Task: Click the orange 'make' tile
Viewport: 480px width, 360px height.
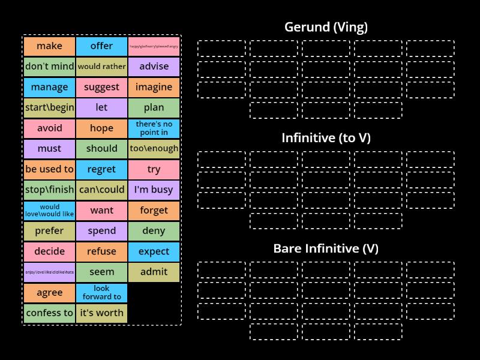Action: pos(49,46)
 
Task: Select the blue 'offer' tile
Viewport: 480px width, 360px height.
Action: pos(101,46)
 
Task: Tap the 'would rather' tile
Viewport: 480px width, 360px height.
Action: pos(101,67)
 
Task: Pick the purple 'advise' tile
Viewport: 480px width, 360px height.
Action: pos(154,67)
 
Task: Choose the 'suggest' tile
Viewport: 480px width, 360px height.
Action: pos(101,87)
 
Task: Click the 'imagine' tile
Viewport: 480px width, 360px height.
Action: pos(154,87)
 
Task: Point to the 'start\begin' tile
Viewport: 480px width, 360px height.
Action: pos(49,108)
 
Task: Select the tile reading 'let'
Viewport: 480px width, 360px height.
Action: pos(101,108)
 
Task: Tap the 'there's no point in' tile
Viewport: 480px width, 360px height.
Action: pos(154,128)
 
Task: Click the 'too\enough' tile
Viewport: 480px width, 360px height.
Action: pos(154,149)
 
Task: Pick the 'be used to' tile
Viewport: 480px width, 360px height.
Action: pos(49,169)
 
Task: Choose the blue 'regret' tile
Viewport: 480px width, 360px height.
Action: pos(101,169)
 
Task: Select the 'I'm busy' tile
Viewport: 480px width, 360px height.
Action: pos(154,190)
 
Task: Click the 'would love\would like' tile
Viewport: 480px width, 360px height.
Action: pos(49,210)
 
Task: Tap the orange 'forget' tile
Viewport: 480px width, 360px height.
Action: pos(154,210)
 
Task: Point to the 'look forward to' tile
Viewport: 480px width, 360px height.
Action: pos(101,292)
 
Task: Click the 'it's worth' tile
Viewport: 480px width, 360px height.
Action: pos(101,313)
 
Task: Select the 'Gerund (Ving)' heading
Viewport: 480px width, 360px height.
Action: pos(326,27)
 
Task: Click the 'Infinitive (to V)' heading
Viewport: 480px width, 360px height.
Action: pos(326,138)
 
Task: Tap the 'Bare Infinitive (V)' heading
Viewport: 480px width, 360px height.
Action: pos(326,248)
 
